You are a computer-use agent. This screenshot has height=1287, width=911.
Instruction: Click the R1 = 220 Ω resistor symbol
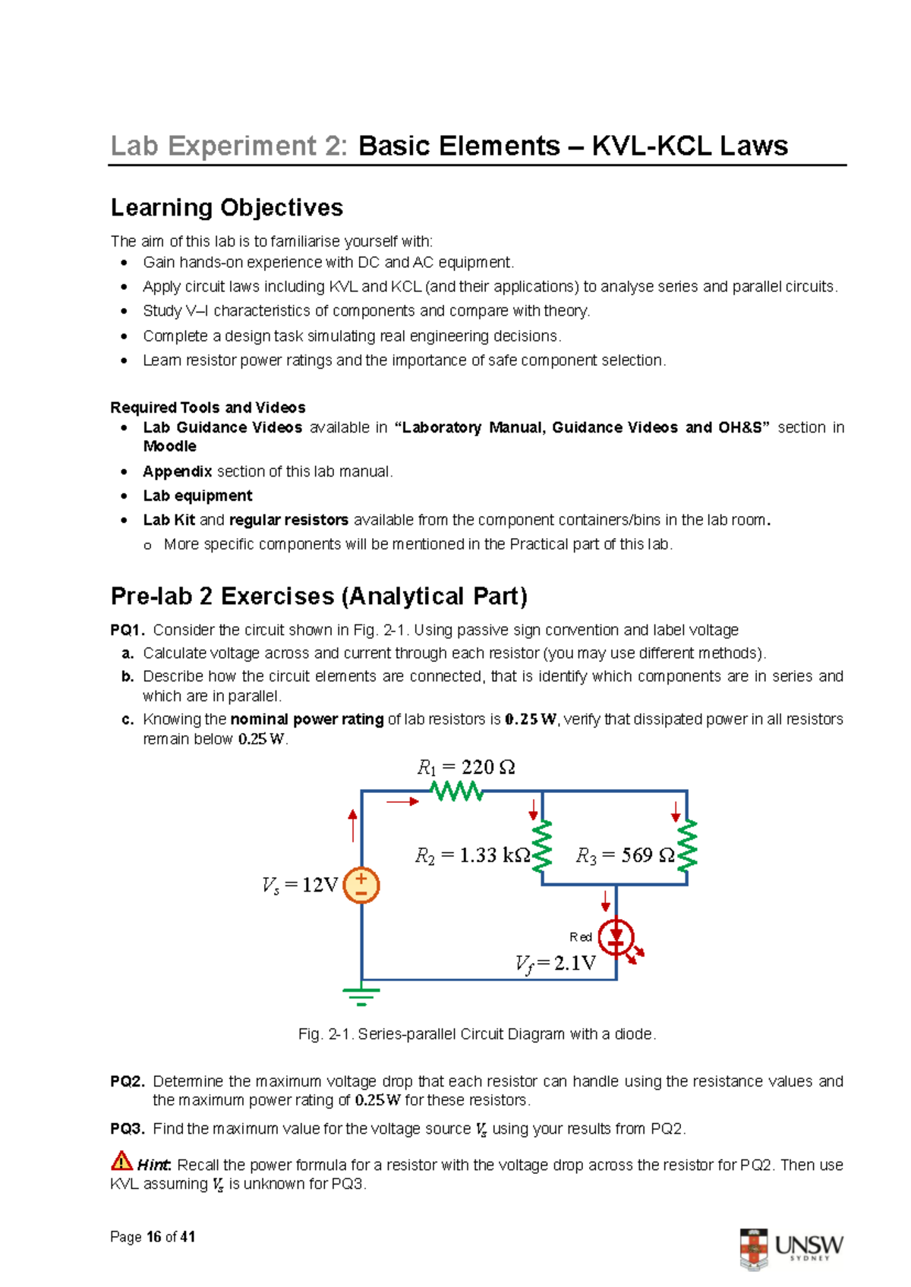pos(456,791)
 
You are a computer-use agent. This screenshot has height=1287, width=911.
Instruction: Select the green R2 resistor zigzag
pos(542,847)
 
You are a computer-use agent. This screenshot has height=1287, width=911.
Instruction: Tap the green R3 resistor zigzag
pos(687,845)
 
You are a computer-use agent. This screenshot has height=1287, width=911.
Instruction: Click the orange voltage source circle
pos(361,886)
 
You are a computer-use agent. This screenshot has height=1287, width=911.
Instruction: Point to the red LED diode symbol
pos(616,938)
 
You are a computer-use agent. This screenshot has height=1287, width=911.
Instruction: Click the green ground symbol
pos(361,996)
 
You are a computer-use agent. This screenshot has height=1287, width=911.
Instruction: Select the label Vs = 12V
pos(299,886)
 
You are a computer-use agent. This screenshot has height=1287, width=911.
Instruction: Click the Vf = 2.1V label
pos(555,964)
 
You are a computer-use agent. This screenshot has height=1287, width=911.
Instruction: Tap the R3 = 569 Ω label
pos(625,856)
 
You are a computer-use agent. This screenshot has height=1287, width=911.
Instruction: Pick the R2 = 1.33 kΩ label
pos(472,856)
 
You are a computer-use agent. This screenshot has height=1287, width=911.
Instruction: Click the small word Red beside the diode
pos(581,937)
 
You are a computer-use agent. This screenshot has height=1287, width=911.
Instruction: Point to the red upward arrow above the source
pos(353,825)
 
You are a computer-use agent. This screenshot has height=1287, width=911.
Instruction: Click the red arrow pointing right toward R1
pos(402,801)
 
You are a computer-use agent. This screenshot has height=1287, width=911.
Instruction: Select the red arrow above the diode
pos(606,901)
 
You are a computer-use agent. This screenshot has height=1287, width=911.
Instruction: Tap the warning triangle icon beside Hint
pos(121,1161)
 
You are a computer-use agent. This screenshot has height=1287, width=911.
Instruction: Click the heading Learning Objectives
pos(227,207)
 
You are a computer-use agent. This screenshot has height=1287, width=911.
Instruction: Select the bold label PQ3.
pos(127,1129)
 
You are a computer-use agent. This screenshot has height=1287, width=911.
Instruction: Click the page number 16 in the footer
pos(154,1237)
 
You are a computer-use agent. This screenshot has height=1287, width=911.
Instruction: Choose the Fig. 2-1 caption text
pos(477,1034)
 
